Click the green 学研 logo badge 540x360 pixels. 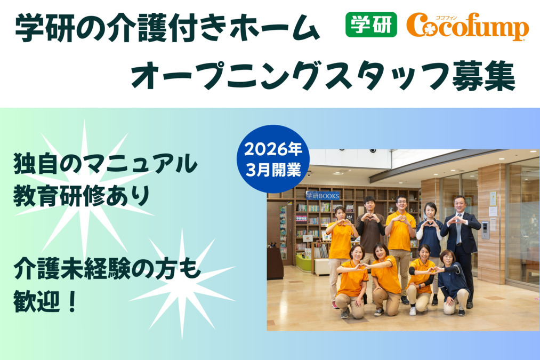click(x=371, y=25)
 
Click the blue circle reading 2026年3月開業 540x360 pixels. click(x=273, y=158)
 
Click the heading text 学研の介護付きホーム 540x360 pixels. click(x=167, y=30)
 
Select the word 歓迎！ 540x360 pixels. click(x=47, y=302)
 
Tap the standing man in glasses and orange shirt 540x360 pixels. click(x=401, y=229)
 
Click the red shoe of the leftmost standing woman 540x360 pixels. click(x=335, y=305)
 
